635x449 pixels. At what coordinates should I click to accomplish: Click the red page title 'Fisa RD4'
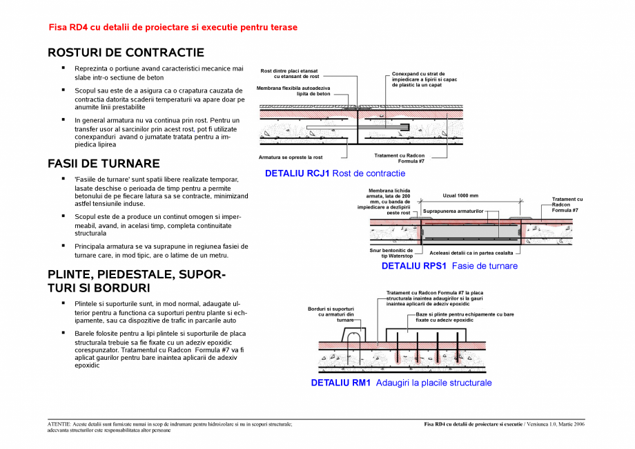click(x=173, y=28)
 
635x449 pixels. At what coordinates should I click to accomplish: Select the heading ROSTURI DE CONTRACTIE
click(x=126, y=52)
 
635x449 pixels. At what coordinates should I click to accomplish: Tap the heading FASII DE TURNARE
click(x=104, y=164)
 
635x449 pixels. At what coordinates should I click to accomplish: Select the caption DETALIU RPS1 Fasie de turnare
click(x=449, y=266)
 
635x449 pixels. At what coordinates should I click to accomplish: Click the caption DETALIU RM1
click(x=401, y=383)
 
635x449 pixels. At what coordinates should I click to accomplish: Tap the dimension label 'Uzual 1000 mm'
click(x=460, y=196)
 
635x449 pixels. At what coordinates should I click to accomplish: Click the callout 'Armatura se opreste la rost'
click(x=291, y=157)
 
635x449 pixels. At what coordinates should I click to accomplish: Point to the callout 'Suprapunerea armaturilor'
click(x=453, y=210)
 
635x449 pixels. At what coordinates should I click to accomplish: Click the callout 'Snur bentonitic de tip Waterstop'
click(x=391, y=253)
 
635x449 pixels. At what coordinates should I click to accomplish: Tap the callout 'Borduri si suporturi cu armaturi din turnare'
click(x=331, y=314)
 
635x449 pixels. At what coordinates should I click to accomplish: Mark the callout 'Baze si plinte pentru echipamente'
click(x=465, y=317)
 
